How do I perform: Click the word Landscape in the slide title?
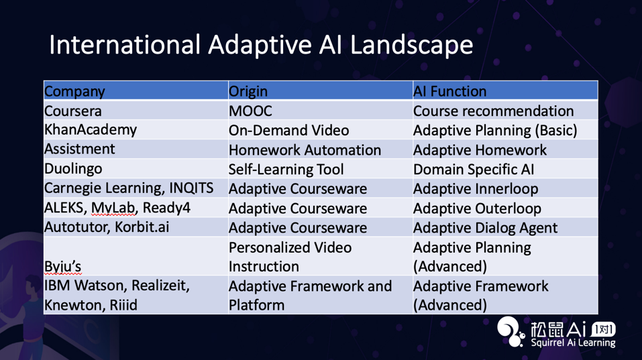click(411, 45)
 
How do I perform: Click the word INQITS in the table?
click(191, 188)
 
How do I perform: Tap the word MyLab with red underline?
click(113, 208)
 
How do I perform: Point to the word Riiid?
click(123, 305)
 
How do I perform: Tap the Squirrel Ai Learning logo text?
click(573, 343)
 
